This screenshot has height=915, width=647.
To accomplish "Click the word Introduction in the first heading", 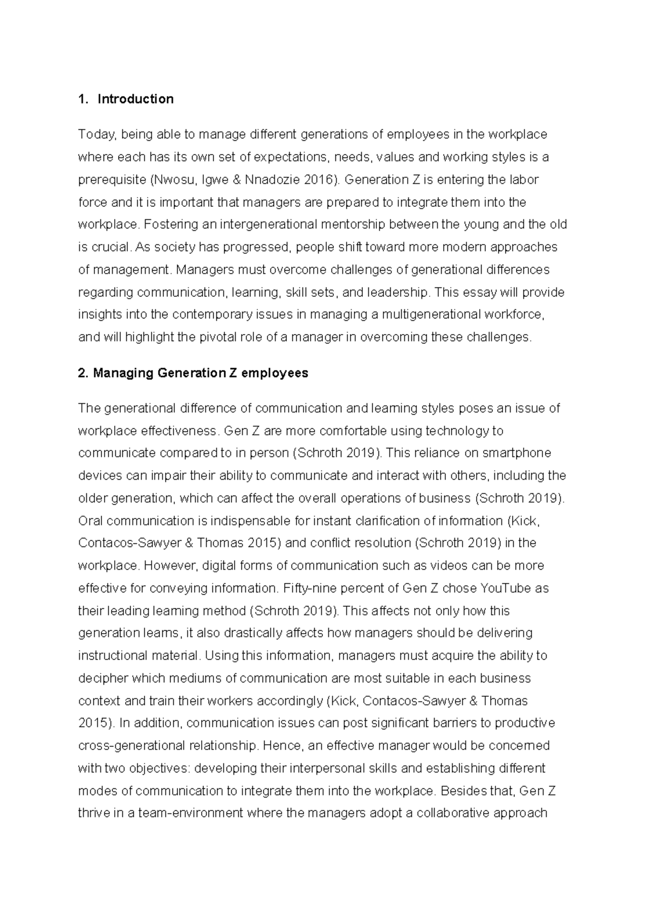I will click(135, 99).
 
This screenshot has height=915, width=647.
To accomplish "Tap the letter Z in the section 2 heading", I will click(233, 373).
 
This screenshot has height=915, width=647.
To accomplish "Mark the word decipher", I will click(103, 678).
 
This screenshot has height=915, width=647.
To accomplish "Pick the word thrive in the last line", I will click(94, 813).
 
